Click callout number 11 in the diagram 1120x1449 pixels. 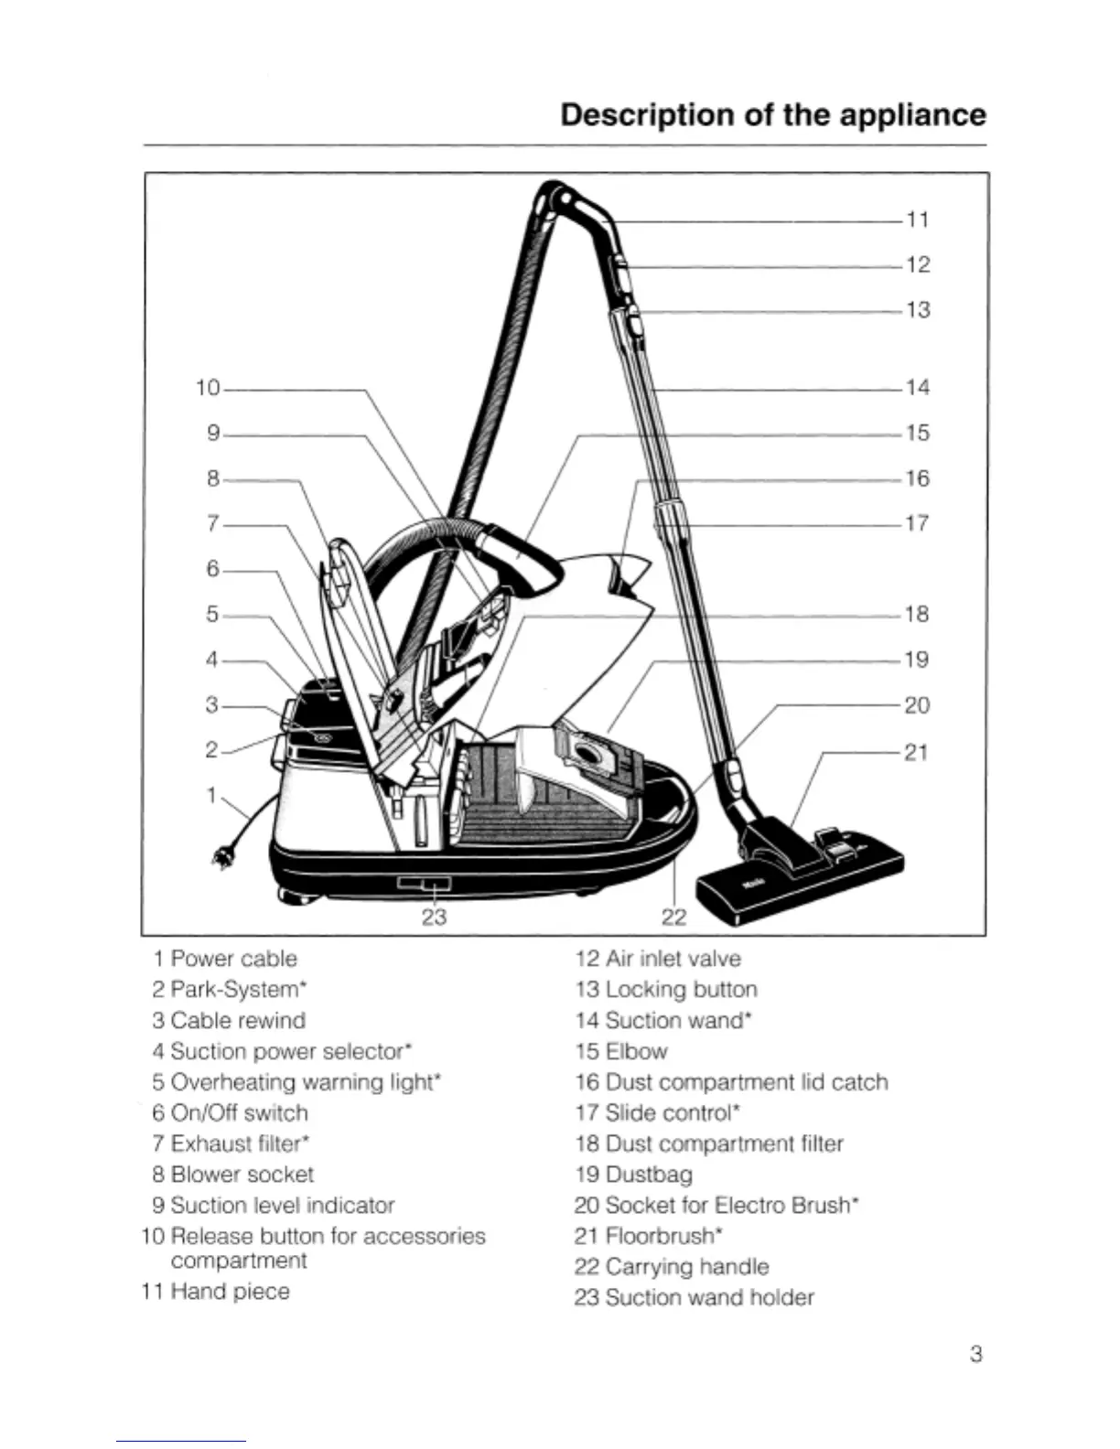[x=917, y=220]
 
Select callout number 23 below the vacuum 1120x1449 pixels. [x=433, y=916]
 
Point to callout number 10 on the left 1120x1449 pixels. [x=209, y=388]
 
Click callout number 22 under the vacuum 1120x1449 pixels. [x=673, y=917]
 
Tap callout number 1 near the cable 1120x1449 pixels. [x=211, y=795]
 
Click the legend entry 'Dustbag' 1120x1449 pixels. [x=648, y=1175]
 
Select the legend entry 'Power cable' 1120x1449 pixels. [x=233, y=959]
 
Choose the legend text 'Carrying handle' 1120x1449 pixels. [x=686, y=1267]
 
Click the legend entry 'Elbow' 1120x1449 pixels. [x=636, y=1052]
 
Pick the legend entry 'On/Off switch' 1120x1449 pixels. [x=239, y=1113]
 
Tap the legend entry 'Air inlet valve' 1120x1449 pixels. [x=673, y=959]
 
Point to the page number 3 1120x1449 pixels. [x=975, y=1354]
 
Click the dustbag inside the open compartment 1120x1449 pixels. [x=586, y=755]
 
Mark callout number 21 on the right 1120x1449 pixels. [x=916, y=752]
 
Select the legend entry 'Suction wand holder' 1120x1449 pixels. [x=709, y=1297]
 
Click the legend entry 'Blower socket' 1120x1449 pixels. [x=242, y=1175]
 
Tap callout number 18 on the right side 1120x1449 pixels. [x=916, y=614]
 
